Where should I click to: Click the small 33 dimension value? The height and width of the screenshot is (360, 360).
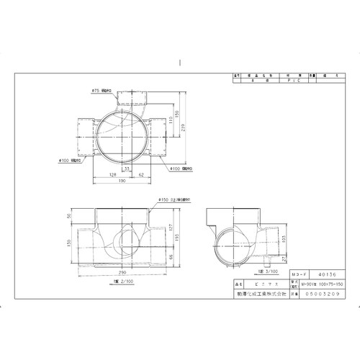click(127, 168)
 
